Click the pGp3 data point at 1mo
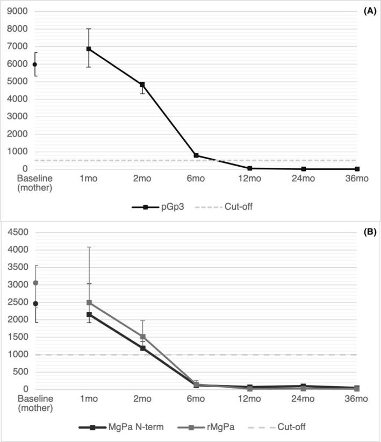click(89, 49)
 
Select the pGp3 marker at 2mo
click(142, 84)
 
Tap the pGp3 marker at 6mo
click(196, 155)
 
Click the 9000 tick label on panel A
click(17, 11)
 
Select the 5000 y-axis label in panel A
click(17, 82)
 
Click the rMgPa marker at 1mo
click(89, 302)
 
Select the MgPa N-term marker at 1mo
click(89, 315)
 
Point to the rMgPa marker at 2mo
click(142, 337)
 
